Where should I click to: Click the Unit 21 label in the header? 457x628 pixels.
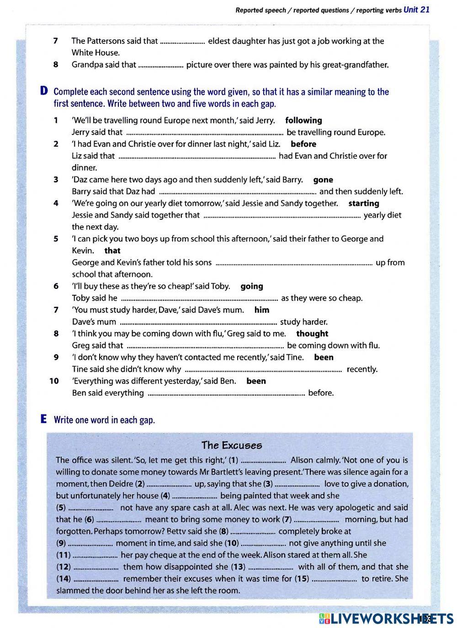(416, 10)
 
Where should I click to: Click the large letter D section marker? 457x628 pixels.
(44, 91)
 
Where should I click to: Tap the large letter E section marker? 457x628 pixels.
(44, 419)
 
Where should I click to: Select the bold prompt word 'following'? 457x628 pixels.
(303, 120)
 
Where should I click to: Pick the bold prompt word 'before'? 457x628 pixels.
(303, 144)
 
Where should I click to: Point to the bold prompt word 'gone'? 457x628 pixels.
(323, 180)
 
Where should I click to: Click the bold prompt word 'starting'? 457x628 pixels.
(363, 203)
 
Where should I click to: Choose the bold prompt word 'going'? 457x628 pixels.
(252, 286)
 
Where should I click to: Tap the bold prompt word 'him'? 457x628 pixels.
(262, 310)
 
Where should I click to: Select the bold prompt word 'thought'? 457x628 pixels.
(312, 334)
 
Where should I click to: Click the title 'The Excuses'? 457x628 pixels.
(232, 445)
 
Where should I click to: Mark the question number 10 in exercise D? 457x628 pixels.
(54, 381)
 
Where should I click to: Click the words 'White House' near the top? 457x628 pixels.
(96, 53)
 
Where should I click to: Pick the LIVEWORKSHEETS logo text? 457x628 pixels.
(386, 618)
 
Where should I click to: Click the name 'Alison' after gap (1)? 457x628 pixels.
(303, 460)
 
